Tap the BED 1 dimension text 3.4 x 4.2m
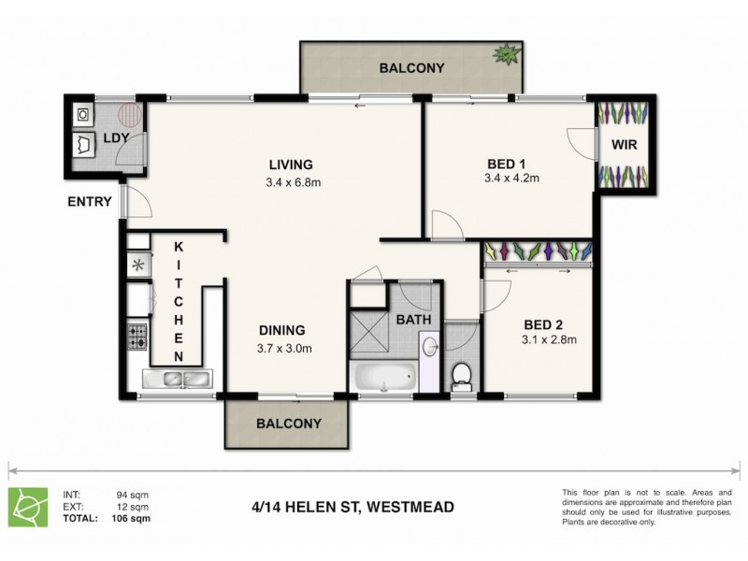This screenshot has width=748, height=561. point(512,178)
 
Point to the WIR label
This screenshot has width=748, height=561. point(625,145)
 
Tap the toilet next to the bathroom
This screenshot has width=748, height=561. point(460,376)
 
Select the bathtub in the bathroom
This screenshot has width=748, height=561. point(383,379)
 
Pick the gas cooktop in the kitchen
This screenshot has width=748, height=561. point(137,335)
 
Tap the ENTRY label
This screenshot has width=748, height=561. point(90,201)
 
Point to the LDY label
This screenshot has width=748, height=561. point(116,138)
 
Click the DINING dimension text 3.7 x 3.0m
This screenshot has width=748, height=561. point(283,349)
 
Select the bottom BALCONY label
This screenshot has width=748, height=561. point(289,423)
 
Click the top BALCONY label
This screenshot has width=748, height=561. point(411,68)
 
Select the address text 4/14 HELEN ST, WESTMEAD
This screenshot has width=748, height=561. point(352,508)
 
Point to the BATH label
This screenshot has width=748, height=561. point(413,319)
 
